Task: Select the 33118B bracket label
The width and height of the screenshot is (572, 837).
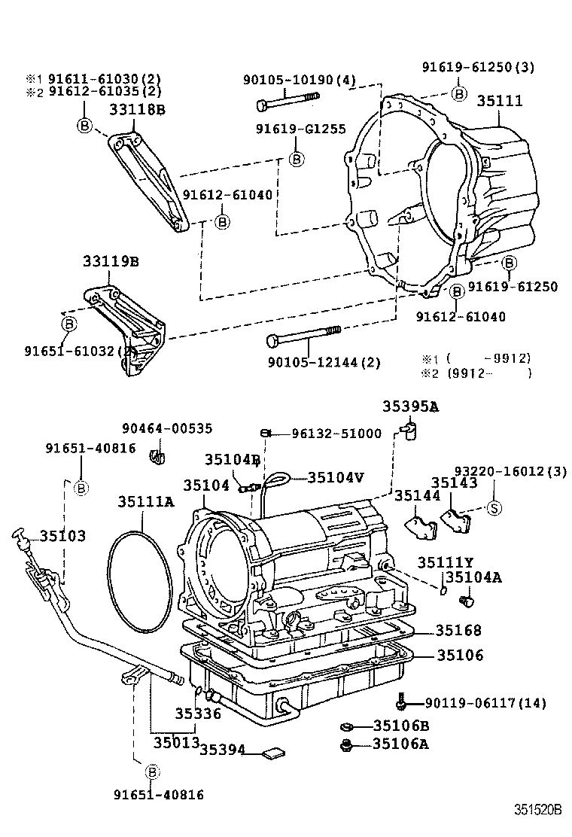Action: pos(137,110)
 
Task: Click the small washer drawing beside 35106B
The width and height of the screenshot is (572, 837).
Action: pos(347,726)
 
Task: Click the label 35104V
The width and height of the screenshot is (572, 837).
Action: pos(336,477)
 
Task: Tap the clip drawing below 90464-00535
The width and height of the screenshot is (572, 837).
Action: pos(158,455)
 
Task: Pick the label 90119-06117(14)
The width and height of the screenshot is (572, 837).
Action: pos(485,703)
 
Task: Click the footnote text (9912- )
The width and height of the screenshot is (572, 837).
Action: pos(489,373)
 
